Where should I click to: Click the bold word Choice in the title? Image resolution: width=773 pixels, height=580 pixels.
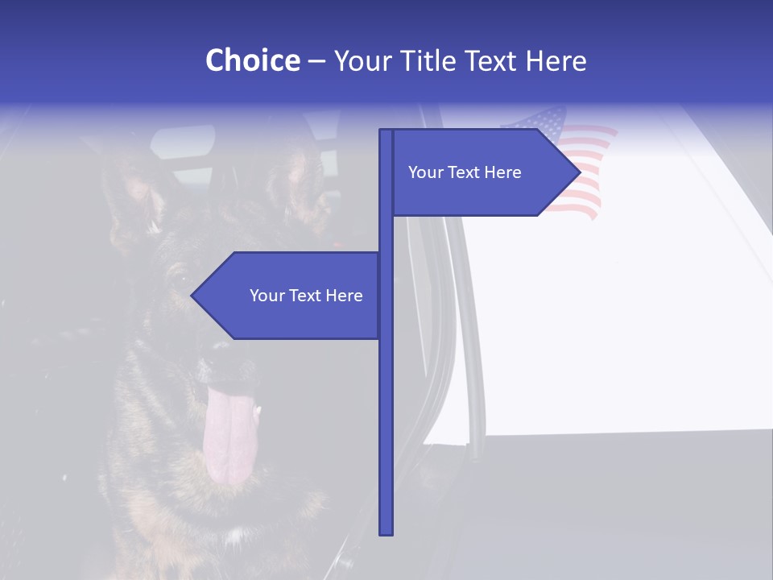tap(252, 60)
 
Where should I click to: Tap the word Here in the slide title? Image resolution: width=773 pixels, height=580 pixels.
tap(556, 60)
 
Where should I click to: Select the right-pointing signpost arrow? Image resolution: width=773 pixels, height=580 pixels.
tap(483, 172)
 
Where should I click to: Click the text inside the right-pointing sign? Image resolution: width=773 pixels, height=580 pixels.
tap(465, 172)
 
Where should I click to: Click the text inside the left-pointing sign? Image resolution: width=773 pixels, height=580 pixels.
tap(306, 296)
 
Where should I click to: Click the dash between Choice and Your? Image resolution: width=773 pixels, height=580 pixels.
tap(316, 60)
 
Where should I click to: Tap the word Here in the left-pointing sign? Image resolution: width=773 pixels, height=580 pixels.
tap(344, 296)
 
